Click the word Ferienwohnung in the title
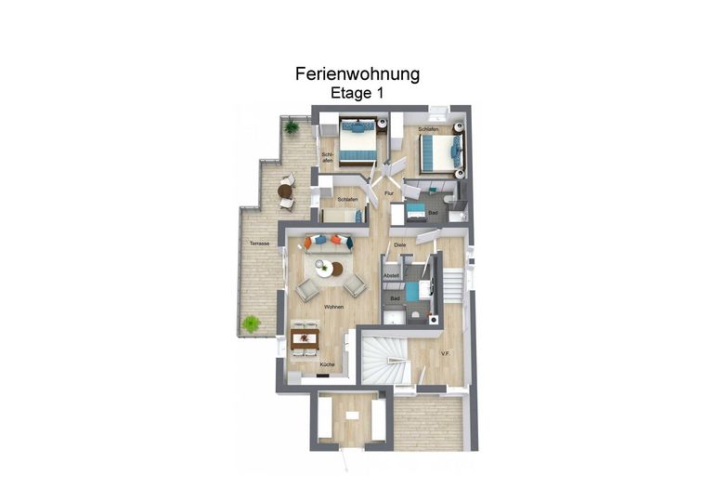pos(357,74)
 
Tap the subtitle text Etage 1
pos(357,93)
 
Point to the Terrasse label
pos(259,244)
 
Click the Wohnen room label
pos(333,307)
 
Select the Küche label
pos(328,364)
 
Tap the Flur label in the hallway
pos(389,193)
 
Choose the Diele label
pos(400,245)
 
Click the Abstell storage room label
pos(391,276)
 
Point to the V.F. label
pos(446,353)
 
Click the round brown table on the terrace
pos(284,191)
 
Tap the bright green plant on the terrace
pos(251,324)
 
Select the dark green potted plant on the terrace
pos(291,126)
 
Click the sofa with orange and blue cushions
pos(329,244)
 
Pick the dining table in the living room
pos(305,338)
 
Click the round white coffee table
pos(325,269)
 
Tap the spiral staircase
pos(383,361)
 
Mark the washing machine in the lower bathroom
pos(434,319)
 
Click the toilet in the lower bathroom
pos(416,315)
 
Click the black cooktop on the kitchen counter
pos(323,376)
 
